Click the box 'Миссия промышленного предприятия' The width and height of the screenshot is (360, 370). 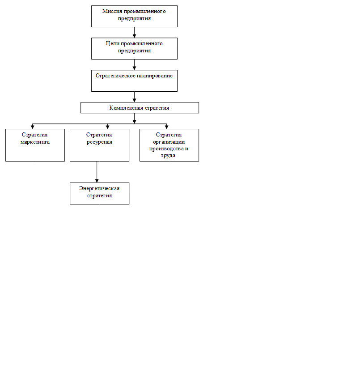[x=134, y=16]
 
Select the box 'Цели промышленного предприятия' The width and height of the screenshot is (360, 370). [x=134, y=48]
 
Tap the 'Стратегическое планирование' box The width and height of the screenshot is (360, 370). [x=134, y=81]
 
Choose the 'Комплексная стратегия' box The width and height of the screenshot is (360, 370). [x=140, y=108]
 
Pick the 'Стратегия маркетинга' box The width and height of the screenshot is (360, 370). [x=35, y=145]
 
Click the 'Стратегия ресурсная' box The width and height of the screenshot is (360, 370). [x=99, y=145]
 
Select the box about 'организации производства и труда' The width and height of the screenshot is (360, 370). [x=169, y=145]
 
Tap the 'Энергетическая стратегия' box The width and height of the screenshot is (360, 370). [x=99, y=193]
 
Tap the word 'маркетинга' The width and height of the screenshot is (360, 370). [x=35, y=142]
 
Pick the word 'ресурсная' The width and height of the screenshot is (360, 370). [x=99, y=142]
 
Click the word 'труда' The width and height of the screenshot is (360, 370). [x=168, y=156]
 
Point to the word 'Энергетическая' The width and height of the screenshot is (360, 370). [x=99, y=188]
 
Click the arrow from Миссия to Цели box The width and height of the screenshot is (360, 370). [x=134, y=32]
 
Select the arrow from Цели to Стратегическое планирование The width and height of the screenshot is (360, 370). [x=134, y=65]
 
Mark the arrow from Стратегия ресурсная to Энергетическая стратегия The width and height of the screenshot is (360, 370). [x=97, y=172]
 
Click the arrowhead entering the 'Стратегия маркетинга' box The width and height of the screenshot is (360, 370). [x=33, y=127]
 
